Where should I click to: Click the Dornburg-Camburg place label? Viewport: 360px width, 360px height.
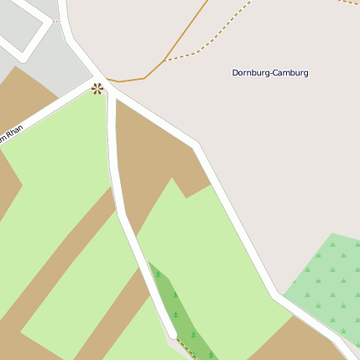coord(270,73)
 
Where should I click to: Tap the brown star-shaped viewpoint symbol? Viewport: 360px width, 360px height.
coord(97,88)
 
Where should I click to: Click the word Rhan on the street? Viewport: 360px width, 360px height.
coord(14,133)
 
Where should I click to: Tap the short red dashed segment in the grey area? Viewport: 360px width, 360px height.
coord(55,22)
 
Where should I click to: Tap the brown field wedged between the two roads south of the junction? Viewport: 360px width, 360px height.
coord(151,159)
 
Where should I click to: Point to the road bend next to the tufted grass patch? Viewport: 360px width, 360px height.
coord(275,295)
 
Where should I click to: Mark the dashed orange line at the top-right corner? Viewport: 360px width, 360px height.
coord(348,3)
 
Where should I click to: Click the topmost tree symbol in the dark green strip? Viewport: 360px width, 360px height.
coord(157,274)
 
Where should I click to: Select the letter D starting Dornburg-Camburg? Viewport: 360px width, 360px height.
coord(235,73)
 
